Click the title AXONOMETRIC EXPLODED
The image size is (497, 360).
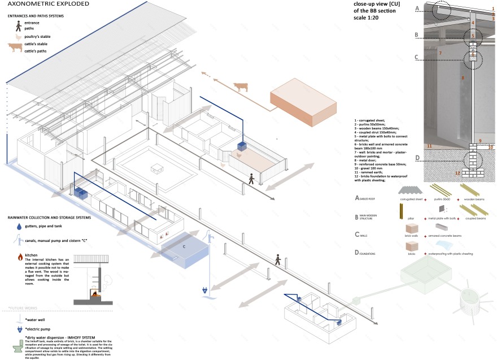pos(40,5)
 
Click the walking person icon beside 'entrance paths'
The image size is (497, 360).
pos(19,25)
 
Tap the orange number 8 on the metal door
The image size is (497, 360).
pos(463,78)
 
